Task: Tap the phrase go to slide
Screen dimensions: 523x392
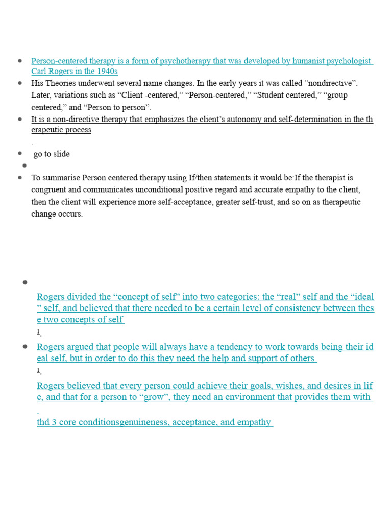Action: click(52, 154)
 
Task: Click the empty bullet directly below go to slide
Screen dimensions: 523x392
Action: click(23, 165)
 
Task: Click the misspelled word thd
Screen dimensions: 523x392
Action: click(43, 423)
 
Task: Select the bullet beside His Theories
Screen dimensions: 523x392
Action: click(20, 83)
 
